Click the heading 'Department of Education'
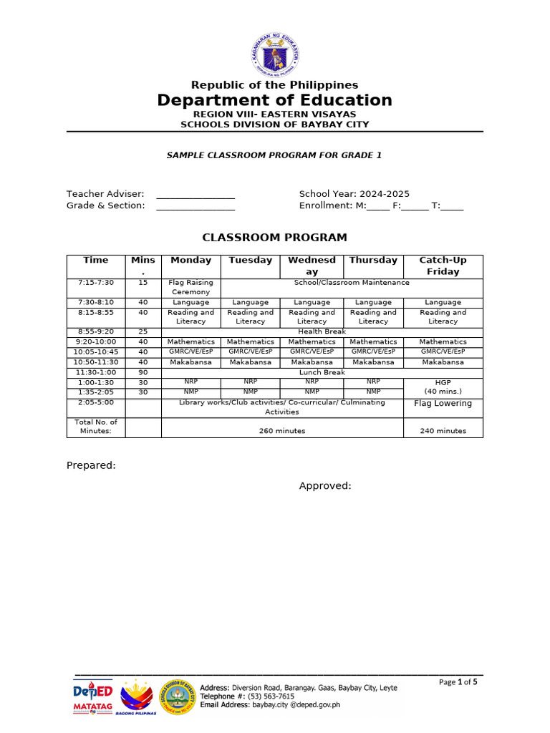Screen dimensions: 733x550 275,100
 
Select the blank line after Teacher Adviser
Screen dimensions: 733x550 196,195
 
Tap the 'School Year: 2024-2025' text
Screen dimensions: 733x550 354,194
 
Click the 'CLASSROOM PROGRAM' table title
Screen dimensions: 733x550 274,238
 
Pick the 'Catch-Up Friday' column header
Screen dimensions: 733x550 443,266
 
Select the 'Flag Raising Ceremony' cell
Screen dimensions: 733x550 190,287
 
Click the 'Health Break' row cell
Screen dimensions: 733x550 322,331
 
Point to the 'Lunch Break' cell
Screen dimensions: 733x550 322,372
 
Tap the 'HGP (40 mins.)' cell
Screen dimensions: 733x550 443,387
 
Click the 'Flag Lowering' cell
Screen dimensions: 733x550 443,404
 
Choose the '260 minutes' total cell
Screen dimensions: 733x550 282,431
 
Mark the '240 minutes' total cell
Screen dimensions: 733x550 443,431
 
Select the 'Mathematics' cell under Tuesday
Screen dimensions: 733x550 251,342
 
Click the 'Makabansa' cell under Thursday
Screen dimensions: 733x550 373,362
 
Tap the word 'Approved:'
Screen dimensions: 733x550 325,486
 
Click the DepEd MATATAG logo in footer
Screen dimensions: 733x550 93,696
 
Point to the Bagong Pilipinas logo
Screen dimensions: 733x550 136,698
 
